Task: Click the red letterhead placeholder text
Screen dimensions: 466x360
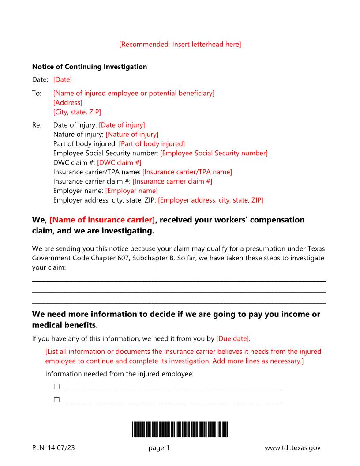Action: (x=180, y=44)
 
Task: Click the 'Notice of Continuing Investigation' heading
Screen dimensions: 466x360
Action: (x=90, y=67)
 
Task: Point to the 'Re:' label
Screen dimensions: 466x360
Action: (x=37, y=125)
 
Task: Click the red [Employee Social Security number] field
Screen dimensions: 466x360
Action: (x=214, y=153)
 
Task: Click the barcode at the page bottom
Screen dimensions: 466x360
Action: (x=180, y=429)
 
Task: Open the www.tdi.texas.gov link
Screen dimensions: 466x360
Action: (x=292, y=448)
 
